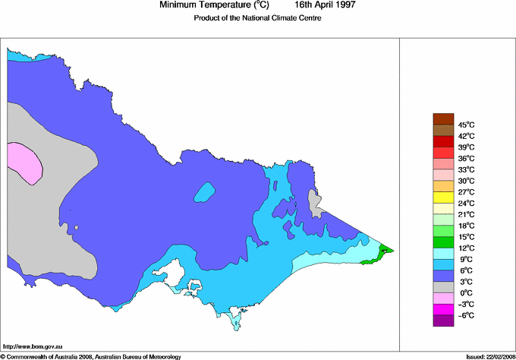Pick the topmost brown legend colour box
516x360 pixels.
pos(443,118)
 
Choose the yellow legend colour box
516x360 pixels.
pos(443,197)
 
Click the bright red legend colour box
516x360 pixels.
pos(443,153)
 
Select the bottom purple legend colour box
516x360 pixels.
pos(443,321)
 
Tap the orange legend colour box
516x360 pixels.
pos(443,186)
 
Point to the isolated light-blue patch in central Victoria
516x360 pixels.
pos(203,192)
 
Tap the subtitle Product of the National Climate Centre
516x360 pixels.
pos(258,18)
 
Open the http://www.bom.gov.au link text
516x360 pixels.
pos(33,346)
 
